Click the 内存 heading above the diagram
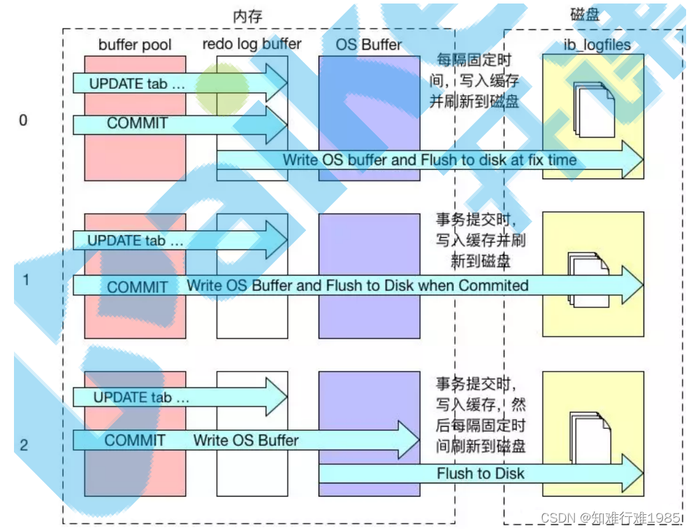pos(248,16)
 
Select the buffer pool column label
pos(135,45)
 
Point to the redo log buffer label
pos(252,44)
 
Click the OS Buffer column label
pos(369,45)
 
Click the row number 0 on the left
pos(23,120)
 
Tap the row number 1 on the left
pos(25,280)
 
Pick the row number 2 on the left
pos(24,444)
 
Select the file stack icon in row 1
pos(589,278)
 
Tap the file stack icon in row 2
pos(590,438)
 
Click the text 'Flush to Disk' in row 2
pos(481,474)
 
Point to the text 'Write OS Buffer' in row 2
pos(246,441)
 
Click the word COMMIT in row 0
pos(138,124)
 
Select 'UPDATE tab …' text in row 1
pos(136,241)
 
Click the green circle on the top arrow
pos(221,90)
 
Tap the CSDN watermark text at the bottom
pos(611,518)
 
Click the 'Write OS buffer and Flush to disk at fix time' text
pos(430,160)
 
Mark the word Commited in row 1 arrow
pos(493,285)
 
